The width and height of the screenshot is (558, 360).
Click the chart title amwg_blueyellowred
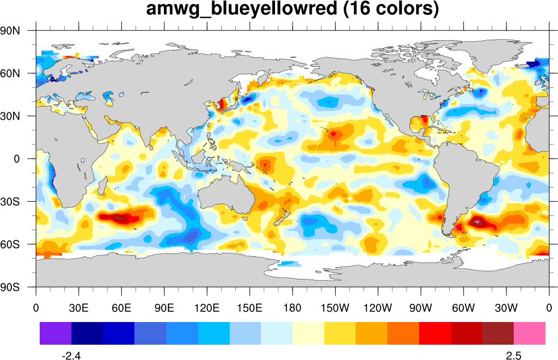click(292, 10)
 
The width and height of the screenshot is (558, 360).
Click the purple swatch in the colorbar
click(56, 333)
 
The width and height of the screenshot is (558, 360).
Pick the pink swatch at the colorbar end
click(530, 333)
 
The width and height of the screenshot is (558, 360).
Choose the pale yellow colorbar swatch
click(308, 333)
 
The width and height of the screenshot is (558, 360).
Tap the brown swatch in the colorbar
click(498, 333)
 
